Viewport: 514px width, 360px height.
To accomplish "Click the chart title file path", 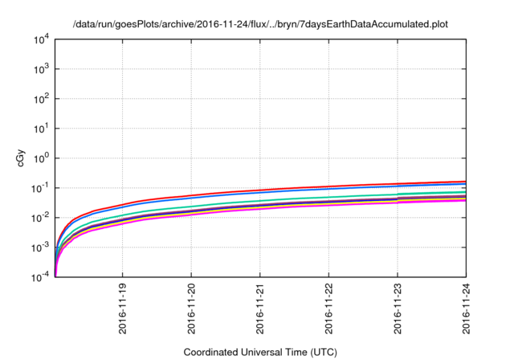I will (x=259, y=25).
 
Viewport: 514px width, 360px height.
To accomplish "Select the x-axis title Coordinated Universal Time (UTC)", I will (x=259, y=352).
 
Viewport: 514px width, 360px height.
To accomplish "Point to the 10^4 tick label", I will (x=43, y=39).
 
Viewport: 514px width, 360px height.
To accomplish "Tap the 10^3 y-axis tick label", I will (x=43, y=69).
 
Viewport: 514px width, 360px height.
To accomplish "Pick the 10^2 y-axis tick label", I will (x=43, y=99).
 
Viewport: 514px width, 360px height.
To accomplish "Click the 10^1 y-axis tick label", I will (x=43, y=129).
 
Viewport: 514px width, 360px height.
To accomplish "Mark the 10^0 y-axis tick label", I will (x=43, y=158).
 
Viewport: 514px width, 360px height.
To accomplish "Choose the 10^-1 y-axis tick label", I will (x=42, y=188).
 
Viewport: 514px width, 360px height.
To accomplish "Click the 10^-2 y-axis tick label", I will (x=42, y=218).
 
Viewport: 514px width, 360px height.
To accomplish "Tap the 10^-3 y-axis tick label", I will (x=42, y=247).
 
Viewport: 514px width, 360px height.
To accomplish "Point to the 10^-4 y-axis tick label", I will (x=42, y=277).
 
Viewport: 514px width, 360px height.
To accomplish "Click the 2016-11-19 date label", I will (x=122, y=309).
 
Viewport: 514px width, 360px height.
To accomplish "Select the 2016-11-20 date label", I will (x=191, y=309).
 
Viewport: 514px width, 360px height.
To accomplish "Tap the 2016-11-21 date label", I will (x=260, y=309).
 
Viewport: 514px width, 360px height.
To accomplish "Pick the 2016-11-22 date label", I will (x=329, y=309).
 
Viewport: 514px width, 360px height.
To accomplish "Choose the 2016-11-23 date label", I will (x=398, y=309).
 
